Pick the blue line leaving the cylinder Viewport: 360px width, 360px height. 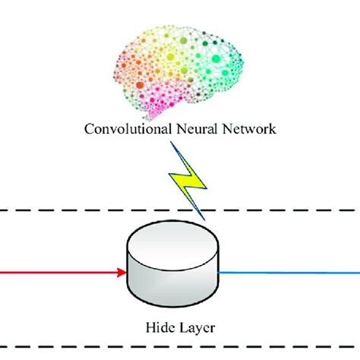(x=289, y=270)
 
